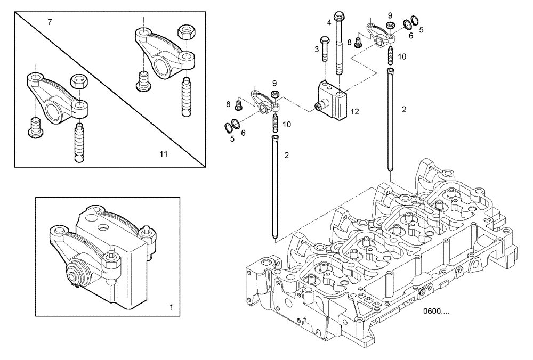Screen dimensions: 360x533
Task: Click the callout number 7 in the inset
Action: pyautogui.click(x=50, y=22)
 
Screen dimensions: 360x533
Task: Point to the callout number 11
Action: pyautogui.click(x=164, y=154)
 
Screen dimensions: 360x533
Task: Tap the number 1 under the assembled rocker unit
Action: pyautogui.click(x=171, y=307)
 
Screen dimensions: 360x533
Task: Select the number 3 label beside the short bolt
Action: pyautogui.click(x=316, y=50)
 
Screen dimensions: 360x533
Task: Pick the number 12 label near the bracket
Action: pyautogui.click(x=355, y=112)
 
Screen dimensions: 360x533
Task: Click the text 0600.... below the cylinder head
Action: pyautogui.click(x=436, y=312)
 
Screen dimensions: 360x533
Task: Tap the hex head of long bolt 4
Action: pyautogui.click(x=340, y=15)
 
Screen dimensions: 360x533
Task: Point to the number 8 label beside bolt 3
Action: pyautogui.click(x=350, y=42)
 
